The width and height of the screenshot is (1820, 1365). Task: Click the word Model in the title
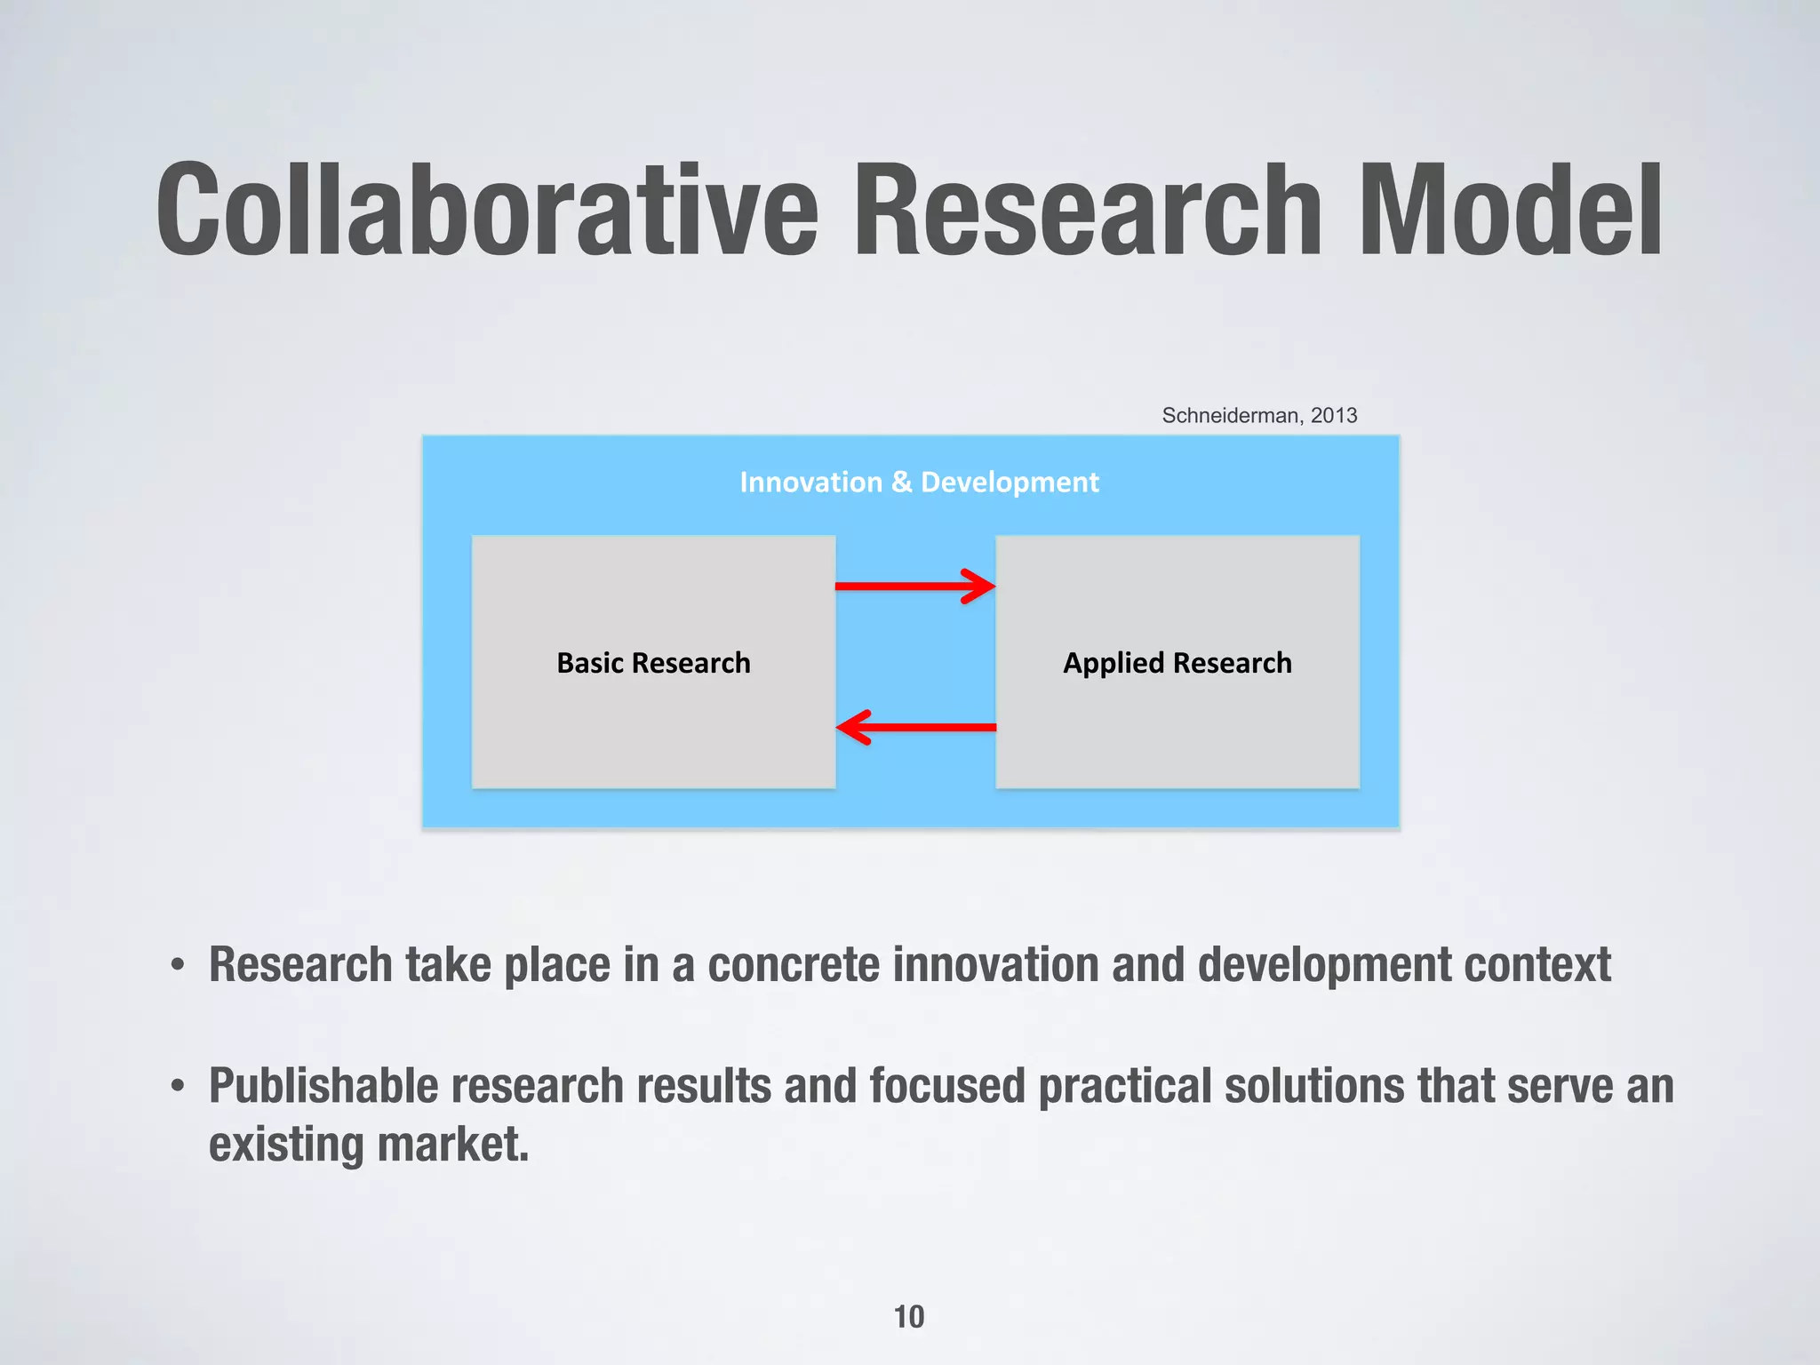coord(1510,211)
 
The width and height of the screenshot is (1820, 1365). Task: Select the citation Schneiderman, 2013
coord(1259,415)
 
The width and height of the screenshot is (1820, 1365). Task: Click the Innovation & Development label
coord(919,482)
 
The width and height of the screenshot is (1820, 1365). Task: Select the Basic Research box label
coord(653,663)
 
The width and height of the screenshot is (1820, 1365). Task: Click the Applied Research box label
coord(1177,663)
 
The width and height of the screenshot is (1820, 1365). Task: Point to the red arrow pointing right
coord(915,586)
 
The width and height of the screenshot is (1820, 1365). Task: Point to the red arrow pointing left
coord(915,727)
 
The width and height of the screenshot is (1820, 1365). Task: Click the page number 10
coord(908,1316)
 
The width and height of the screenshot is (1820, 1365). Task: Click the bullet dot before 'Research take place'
coord(179,966)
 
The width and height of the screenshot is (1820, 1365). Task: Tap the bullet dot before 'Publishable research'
coord(179,1087)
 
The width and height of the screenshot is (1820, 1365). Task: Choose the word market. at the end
coord(453,1145)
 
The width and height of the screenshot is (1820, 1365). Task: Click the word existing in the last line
coord(286,1145)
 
